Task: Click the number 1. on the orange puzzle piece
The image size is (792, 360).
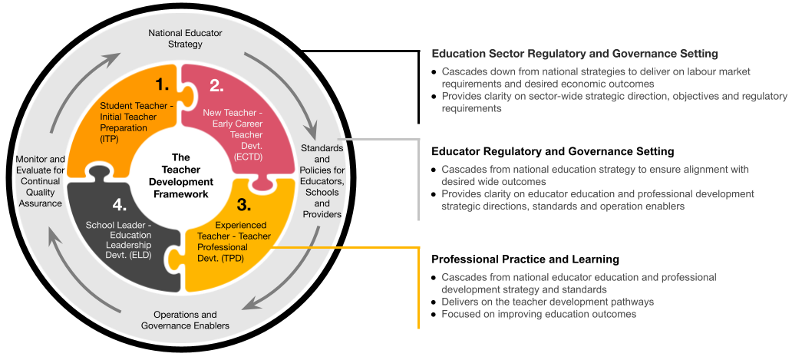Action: tap(163, 84)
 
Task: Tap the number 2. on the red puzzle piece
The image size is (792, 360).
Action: tap(216, 85)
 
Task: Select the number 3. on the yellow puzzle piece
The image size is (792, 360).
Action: tap(243, 205)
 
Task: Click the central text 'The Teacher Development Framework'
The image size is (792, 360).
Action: tap(181, 175)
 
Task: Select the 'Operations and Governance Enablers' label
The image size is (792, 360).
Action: tap(185, 320)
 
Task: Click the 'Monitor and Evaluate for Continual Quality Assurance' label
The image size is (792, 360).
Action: tap(41, 181)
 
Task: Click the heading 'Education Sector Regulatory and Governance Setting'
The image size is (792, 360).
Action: tap(575, 54)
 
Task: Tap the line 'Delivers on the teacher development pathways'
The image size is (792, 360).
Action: tap(548, 302)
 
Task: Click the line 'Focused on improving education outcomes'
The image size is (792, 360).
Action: tap(539, 314)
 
